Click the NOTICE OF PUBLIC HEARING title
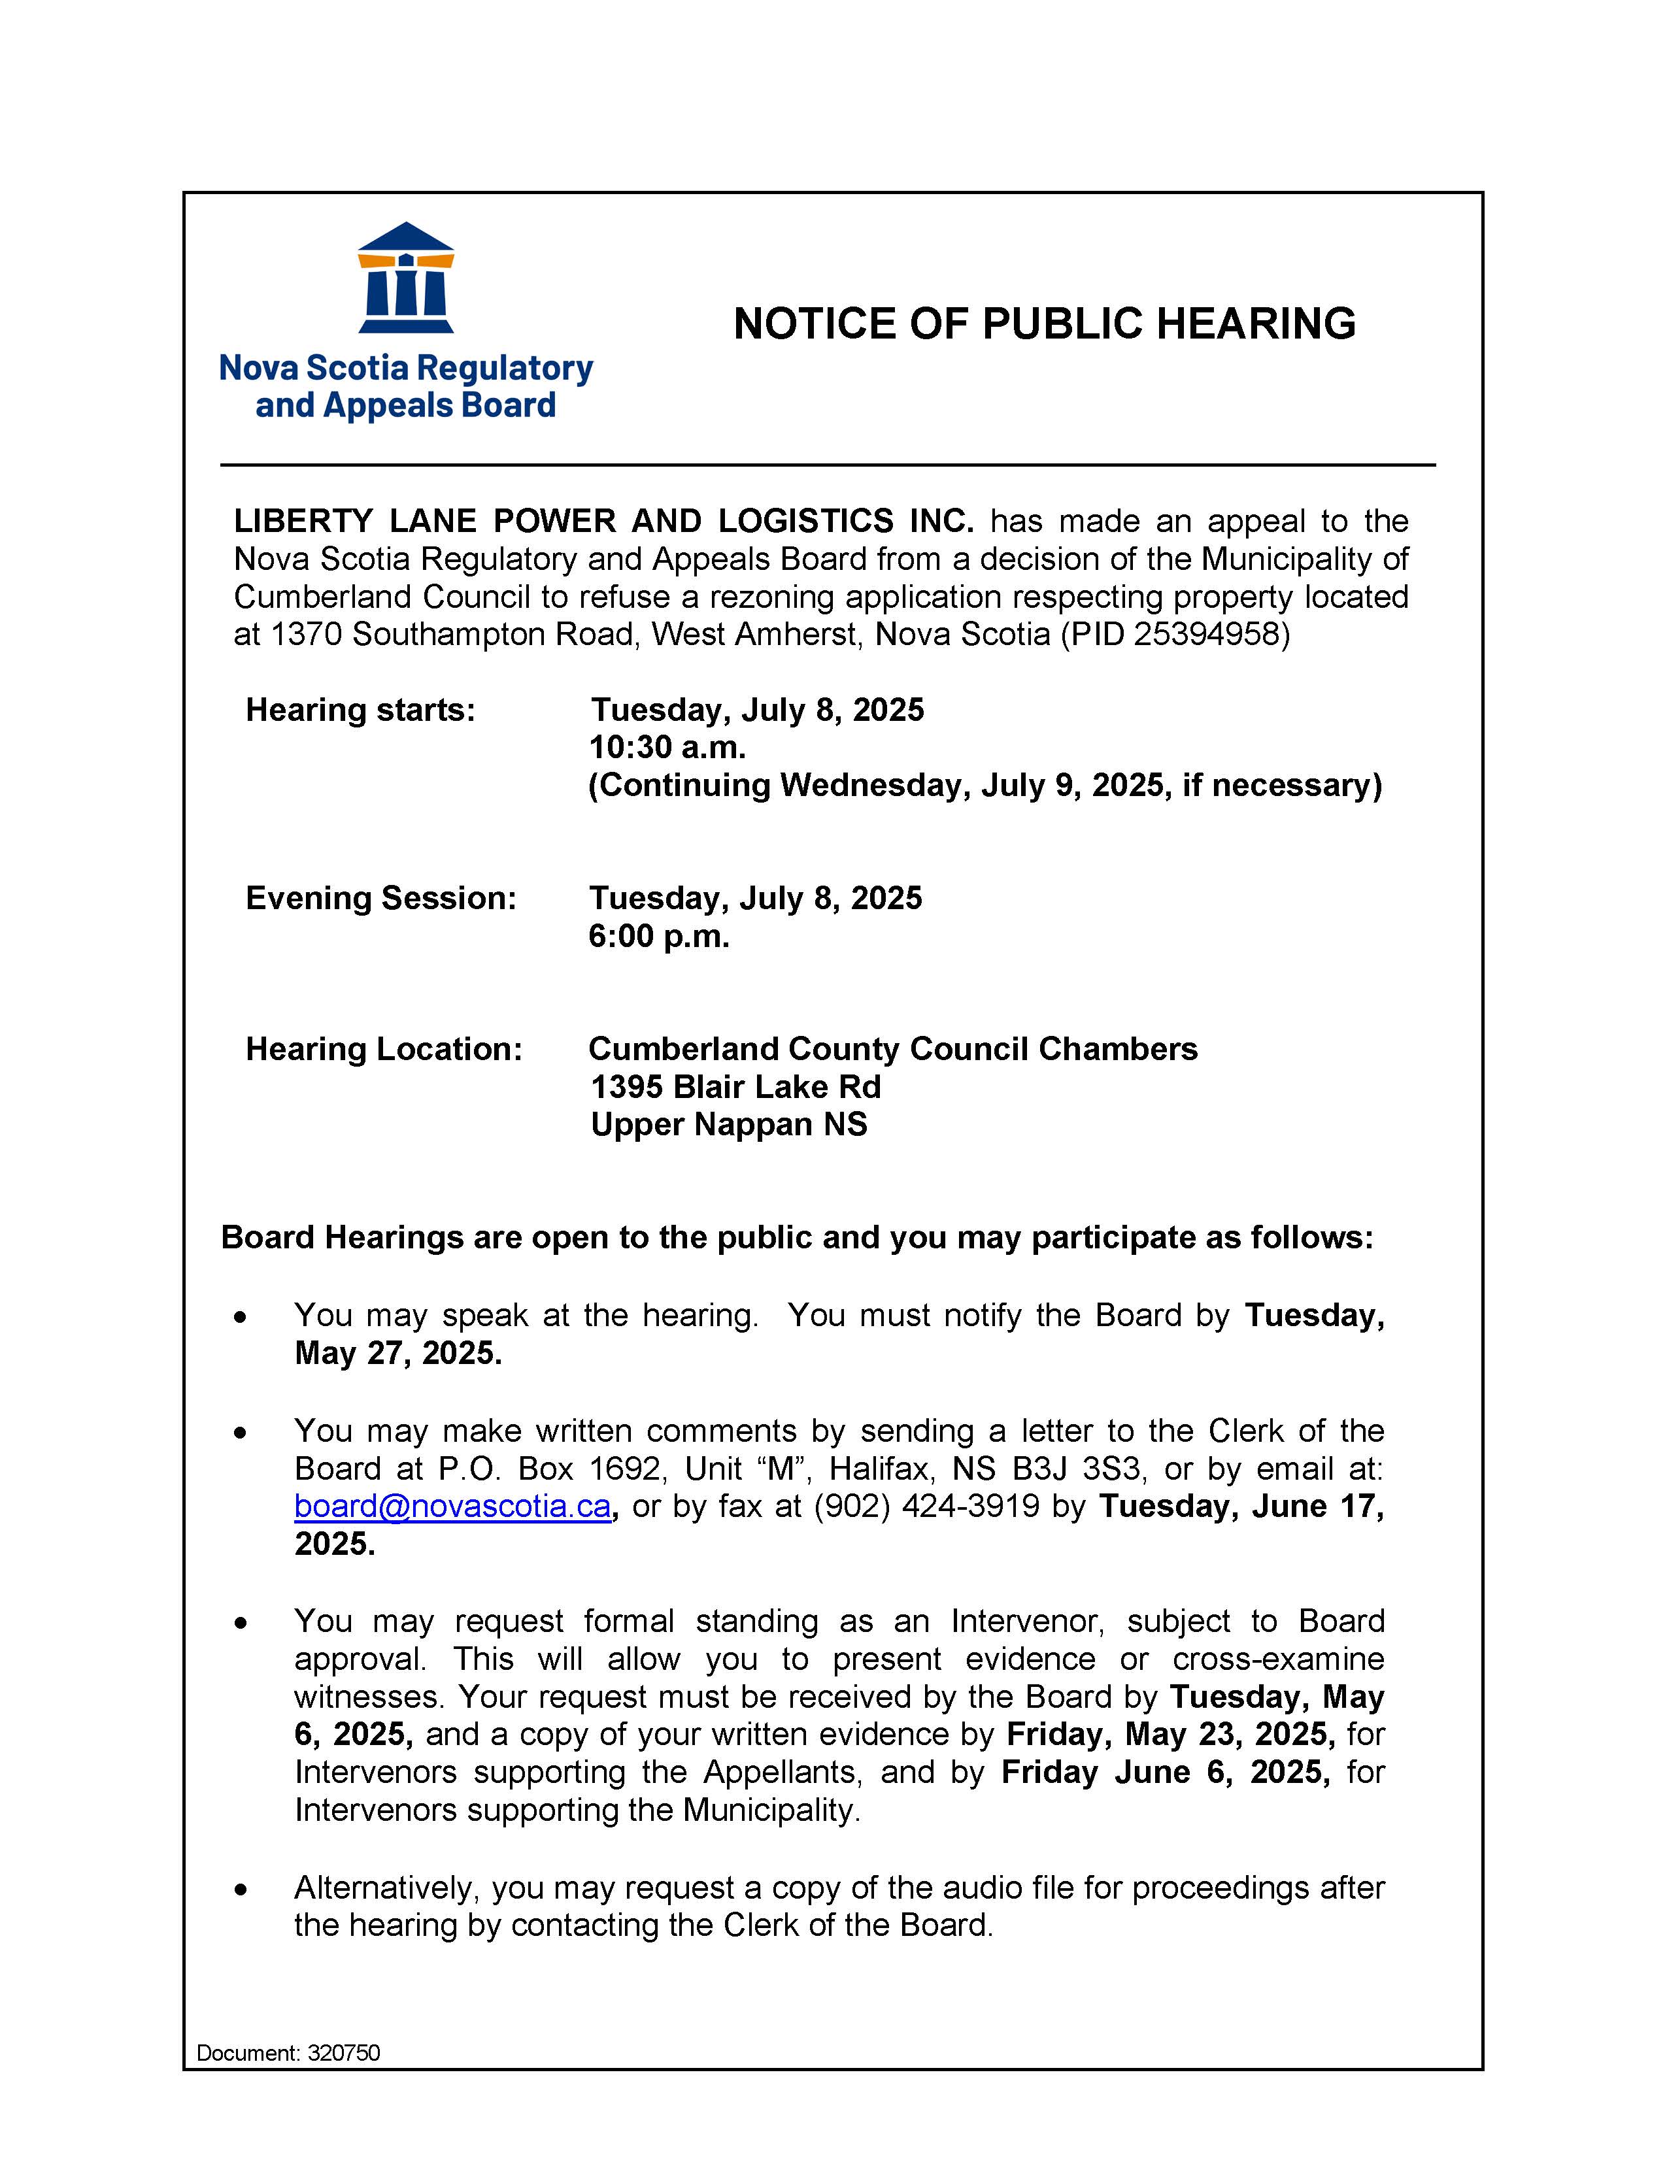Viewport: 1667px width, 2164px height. coord(1043,324)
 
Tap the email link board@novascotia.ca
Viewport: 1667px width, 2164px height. coord(452,1506)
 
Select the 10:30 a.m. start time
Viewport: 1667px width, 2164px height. coord(667,747)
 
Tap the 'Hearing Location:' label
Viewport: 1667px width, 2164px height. coord(384,1048)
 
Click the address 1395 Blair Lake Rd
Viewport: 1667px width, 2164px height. coord(735,1086)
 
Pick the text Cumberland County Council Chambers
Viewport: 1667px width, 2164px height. coord(892,1048)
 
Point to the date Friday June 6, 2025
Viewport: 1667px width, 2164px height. coord(1164,1772)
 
